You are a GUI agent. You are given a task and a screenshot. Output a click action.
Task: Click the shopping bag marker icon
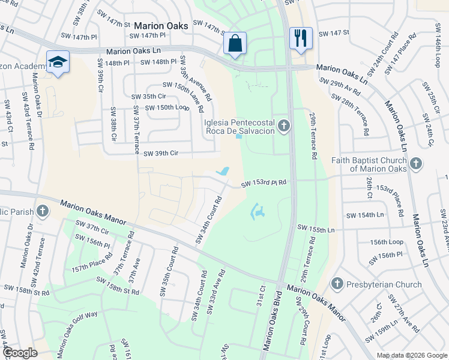point(235,43)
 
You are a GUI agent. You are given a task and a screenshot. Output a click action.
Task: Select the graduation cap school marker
point(58,62)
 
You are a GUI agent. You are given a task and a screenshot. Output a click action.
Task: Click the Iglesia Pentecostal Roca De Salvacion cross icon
point(285,125)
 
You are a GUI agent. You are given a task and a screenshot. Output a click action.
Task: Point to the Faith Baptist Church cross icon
point(415,163)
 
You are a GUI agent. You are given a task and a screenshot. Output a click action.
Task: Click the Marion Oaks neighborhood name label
point(161,26)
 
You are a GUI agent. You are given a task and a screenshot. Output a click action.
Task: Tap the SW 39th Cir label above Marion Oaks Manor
point(161,154)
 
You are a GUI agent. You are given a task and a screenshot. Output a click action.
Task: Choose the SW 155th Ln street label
point(316,229)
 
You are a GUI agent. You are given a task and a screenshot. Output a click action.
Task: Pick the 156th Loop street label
point(387,242)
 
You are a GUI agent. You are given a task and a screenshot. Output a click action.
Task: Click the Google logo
point(20,353)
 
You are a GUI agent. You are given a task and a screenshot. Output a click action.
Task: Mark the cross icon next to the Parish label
point(41,211)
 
